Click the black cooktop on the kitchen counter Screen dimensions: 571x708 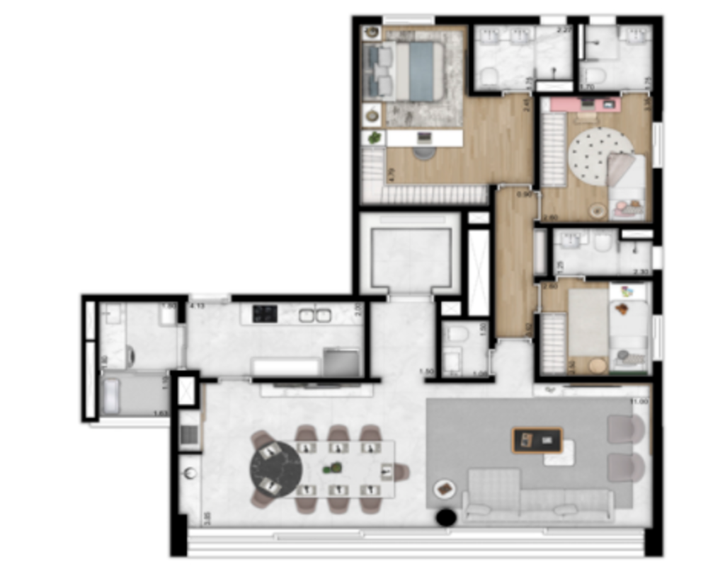pos(265,313)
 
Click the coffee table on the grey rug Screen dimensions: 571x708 pos(537,441)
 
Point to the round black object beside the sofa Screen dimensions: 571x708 pos(445,518)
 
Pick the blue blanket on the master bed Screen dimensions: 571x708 pos(427,71)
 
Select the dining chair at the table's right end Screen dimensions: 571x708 pos(401,471)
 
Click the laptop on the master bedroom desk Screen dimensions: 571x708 pos(424,137)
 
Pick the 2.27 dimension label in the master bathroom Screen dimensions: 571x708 pos(564,30)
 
